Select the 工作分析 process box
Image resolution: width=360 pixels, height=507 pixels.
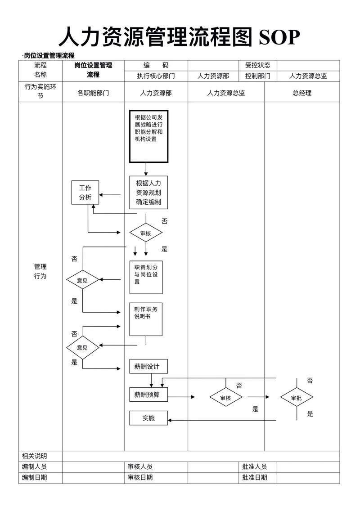(85, 193)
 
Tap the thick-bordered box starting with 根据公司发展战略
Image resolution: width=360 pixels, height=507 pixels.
(148, 136)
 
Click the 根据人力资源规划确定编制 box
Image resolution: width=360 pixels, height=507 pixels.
(148, 193)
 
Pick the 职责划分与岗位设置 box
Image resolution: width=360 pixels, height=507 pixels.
(146, 277)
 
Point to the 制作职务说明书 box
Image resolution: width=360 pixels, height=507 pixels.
(146, 319)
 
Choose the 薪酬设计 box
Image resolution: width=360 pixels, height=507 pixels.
(148, 366)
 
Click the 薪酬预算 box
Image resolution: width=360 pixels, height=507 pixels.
(148, 395)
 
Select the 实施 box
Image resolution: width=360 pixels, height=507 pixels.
(148, 418)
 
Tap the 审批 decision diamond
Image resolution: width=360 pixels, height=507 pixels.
(297, 398)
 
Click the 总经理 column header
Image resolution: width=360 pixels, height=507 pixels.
(302, 93)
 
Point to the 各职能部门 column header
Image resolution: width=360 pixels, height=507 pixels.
(93, 93)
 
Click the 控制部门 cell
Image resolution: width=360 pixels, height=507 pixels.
(257, 76)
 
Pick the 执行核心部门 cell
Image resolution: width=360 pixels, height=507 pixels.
(156, 76)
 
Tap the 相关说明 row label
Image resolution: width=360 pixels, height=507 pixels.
(35, 456)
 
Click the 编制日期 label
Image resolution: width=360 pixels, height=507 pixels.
(35, 478)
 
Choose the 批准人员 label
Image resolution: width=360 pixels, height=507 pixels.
(254, 467)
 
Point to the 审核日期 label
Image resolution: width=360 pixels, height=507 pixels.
(140, 478)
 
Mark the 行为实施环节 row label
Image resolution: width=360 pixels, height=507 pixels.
(40, 91)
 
